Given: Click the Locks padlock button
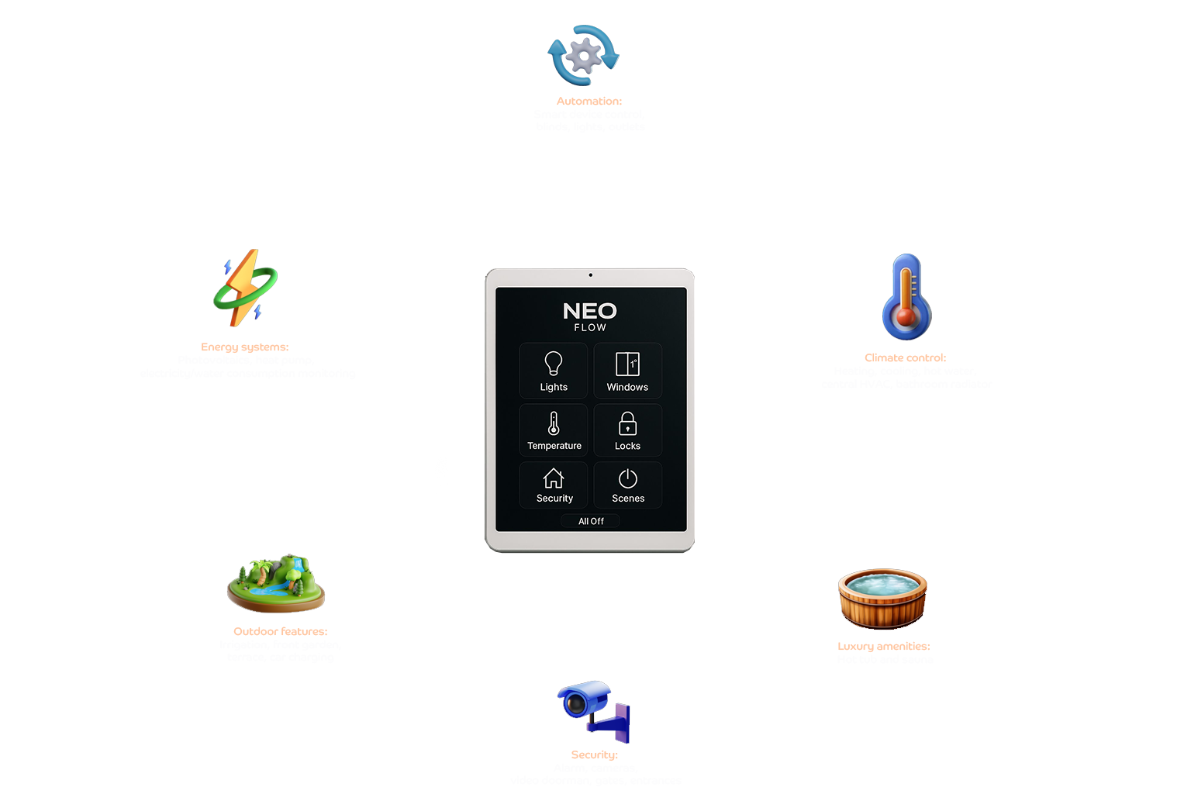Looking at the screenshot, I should (x=627, y=430).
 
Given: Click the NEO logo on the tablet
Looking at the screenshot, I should (x=589, y=311).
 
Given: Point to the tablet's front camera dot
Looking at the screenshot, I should (x=590, y=274).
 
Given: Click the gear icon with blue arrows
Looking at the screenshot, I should (x=584, y=55).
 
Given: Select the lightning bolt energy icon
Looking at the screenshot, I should (x=246, y=288).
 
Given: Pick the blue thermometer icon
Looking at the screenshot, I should (x=906, y=297).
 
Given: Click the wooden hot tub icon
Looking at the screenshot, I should (x=882, y=599).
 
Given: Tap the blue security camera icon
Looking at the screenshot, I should (x=592, y=709).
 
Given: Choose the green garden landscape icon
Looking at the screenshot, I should (x=276, y=584).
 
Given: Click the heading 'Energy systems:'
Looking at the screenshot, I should (x=245, y=347).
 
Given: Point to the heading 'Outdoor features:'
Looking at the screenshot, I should (x=280, y=631).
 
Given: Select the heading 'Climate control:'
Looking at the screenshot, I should (x=906, y=358).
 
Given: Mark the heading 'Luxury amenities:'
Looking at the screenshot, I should (x=884, y=646).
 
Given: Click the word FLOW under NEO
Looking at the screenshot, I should (x=590, y=328).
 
